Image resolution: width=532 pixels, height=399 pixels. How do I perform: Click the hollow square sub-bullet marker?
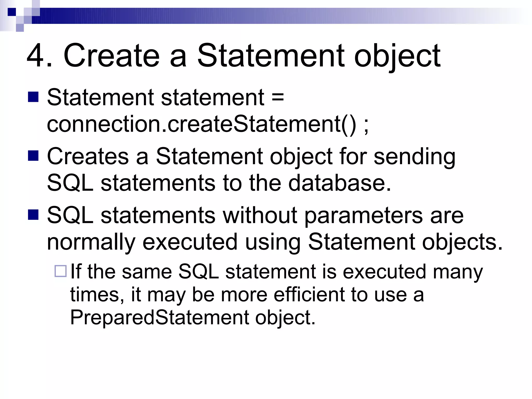(x=61, y=271)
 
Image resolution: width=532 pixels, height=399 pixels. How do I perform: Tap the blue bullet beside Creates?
(x=33, y=156)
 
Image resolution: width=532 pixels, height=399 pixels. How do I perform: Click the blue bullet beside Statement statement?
(x=33, y=97)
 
